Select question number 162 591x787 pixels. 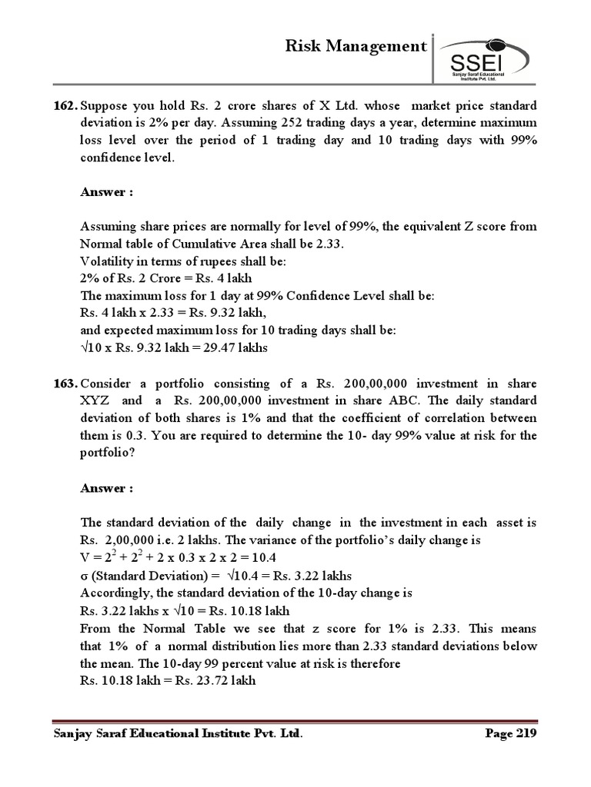pyautogui.click(x=65, y=105)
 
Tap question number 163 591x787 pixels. pyautogui.click(x=65, y=383)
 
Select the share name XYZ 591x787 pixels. pyautogui.click(x=97, y=400)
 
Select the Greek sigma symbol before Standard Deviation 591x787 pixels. pyautogui.click(x=85, y=575)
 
